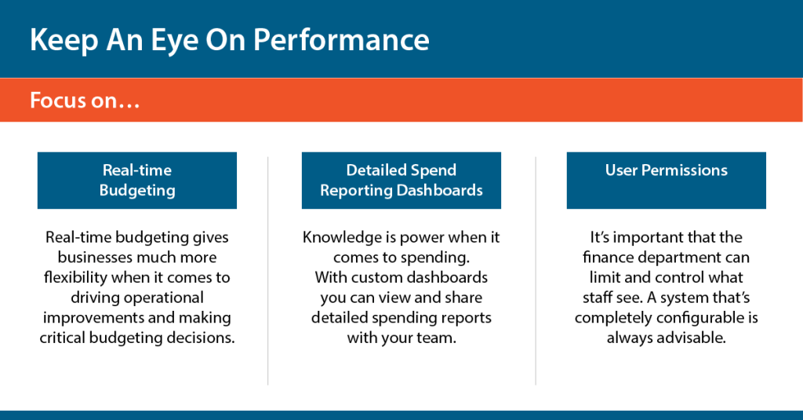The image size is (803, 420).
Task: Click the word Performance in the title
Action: [x=342, y=40]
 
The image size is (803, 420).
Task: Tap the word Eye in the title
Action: [x=175, y=41]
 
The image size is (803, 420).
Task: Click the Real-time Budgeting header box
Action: [x=137, y=181]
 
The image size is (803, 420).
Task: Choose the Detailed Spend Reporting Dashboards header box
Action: [x=401, y=181]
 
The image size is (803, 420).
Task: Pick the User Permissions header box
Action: [x=667, y=181]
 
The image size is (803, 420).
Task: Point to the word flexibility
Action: [x=75, y=277]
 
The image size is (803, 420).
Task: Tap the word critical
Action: [x=63, y=338]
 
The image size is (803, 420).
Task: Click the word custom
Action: [x=359, y=277]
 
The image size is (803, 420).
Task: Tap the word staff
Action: [x=597, y=298]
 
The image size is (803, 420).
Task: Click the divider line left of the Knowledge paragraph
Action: [x=268, y=271]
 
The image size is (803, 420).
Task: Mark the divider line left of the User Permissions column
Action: [x=536, y=271]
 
